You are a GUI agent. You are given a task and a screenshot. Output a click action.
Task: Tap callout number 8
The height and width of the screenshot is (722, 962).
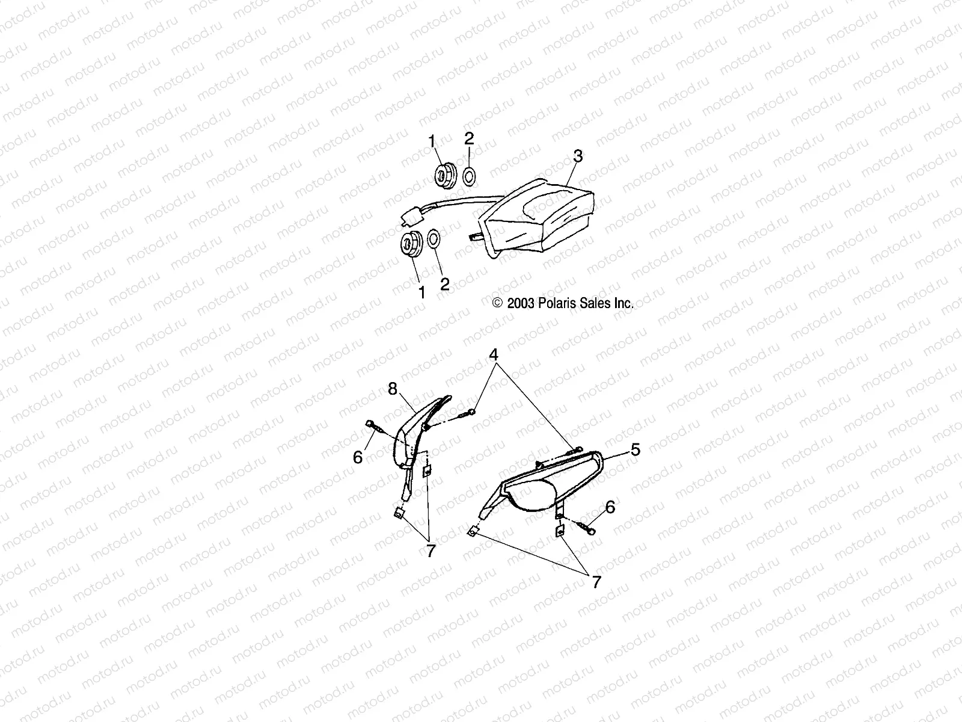[393, 389]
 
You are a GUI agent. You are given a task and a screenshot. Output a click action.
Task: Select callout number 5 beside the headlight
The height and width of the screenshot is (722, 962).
[619, 449]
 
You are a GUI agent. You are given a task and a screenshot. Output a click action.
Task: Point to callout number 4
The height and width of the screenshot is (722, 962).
[494, 355]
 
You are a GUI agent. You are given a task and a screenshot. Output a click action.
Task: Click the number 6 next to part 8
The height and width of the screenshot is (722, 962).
[358, 458]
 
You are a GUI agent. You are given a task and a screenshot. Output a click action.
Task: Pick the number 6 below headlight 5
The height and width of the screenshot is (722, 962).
[610, 507]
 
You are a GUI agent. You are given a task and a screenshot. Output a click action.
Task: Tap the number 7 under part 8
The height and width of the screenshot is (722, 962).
[430, 551]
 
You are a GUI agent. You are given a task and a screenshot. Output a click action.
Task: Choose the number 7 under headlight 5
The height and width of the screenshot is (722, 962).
[596, 582]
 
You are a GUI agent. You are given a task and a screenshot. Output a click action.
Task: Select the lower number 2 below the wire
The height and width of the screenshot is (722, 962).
[445, 284]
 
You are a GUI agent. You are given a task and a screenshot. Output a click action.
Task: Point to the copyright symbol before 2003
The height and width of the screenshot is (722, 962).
[497, 304]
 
